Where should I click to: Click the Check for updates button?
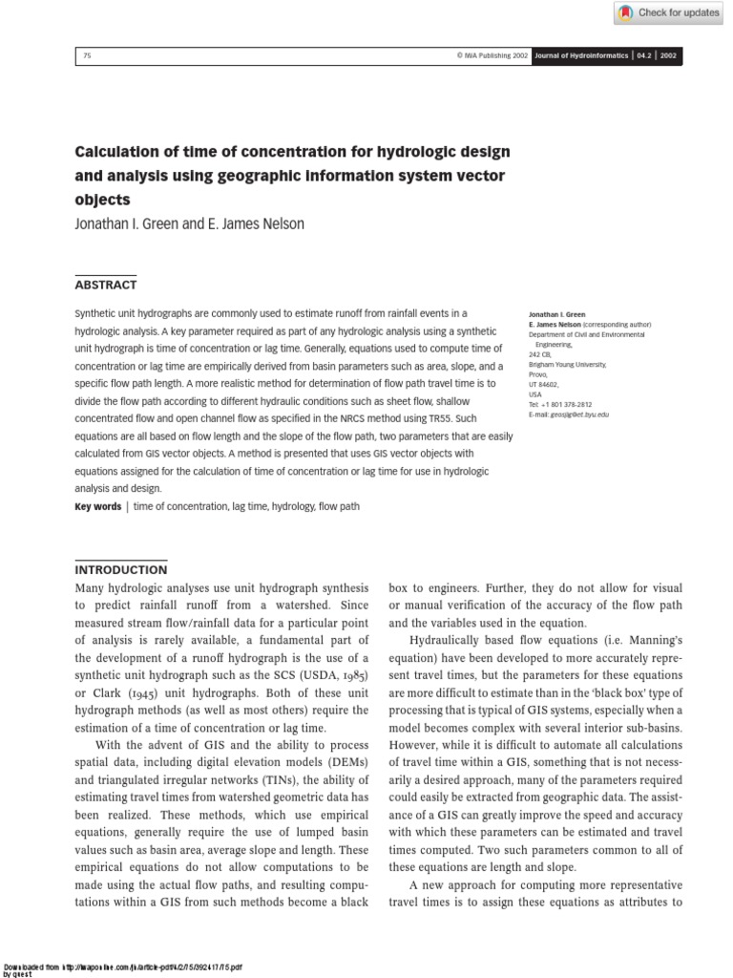point(668,12)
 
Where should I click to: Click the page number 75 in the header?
point(87,55)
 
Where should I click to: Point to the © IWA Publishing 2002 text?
point(492,55)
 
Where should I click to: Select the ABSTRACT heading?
point(106,285)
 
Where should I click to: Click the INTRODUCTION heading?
point(120,570)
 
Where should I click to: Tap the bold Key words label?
point(98,506)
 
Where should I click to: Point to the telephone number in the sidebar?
point(566,404)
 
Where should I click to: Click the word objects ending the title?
point(101,201)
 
